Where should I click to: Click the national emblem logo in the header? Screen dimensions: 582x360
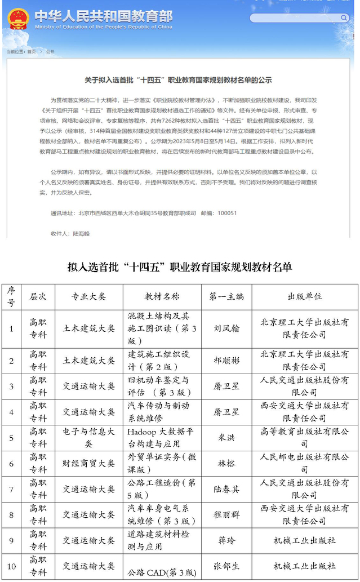coord(18,19)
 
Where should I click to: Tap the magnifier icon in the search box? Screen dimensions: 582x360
coord(344,18)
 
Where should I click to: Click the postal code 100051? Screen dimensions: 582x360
coord(227,214)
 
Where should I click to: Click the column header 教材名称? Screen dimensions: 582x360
coord(162,296)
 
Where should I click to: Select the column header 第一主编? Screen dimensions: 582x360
coord(226,296)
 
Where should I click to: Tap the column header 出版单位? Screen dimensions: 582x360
coord(304,296)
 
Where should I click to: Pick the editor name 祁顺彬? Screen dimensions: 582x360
coord(226,359)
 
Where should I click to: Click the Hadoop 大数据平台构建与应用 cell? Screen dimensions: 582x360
coord(162,437)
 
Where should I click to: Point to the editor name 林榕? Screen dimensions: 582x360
coord(226,463)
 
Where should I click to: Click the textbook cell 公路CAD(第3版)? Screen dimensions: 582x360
coord(162,572)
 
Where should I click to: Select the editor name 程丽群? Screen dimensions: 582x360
coord(226,515)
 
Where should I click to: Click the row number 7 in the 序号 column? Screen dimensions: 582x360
coord(11,489)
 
